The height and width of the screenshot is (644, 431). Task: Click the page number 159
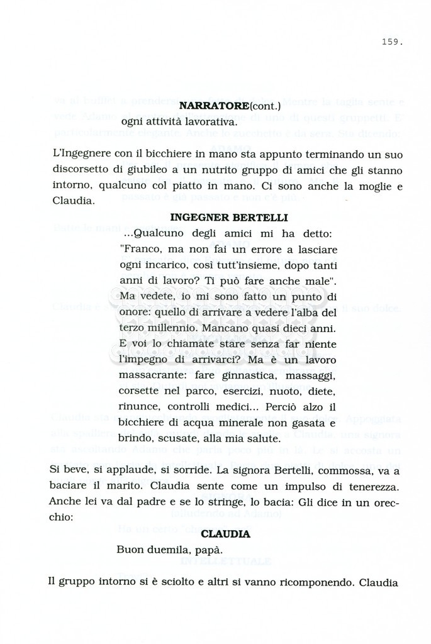tap(391, 43)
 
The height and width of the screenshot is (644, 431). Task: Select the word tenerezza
tap(371, 485)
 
